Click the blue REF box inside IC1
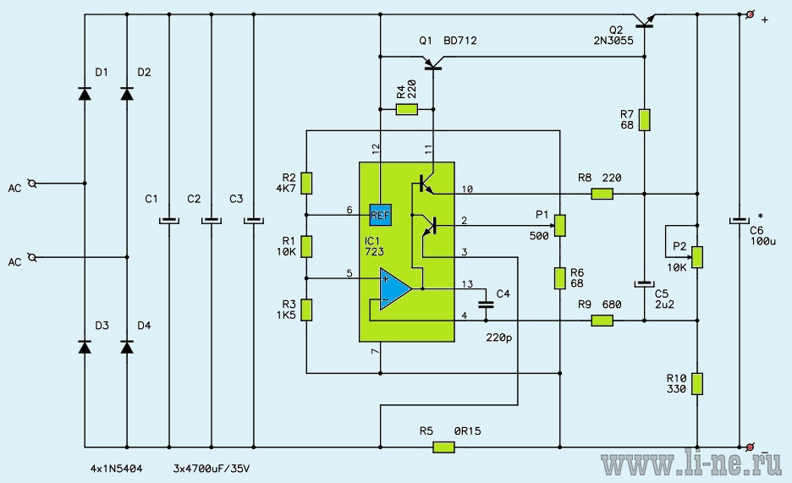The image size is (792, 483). pos(380,215)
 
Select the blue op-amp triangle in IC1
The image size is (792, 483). pos(395,288)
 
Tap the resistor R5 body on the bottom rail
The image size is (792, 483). pos(443,447)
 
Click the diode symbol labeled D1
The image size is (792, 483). pos(85,93)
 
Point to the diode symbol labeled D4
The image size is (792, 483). pos(127,347)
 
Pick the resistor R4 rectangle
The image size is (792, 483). pos(407,109)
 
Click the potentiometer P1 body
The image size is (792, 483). pos(559,226)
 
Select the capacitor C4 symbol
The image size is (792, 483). pos(486,304)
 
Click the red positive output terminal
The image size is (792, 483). pos(750,14)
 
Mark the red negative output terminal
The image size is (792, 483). pos(750,447)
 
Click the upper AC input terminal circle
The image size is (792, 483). pos(32,184)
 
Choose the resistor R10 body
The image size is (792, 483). pos(697,383)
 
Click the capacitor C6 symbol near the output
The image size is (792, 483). pos(740,221)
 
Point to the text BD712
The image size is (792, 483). pos(460,41)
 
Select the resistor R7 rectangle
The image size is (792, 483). pos(645,120)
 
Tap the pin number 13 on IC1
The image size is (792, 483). pos(467,284)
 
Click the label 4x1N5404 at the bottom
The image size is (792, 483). pos(116,469)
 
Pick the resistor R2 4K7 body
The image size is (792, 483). pos(306,184)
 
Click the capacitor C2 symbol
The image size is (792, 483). pos(212,221)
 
